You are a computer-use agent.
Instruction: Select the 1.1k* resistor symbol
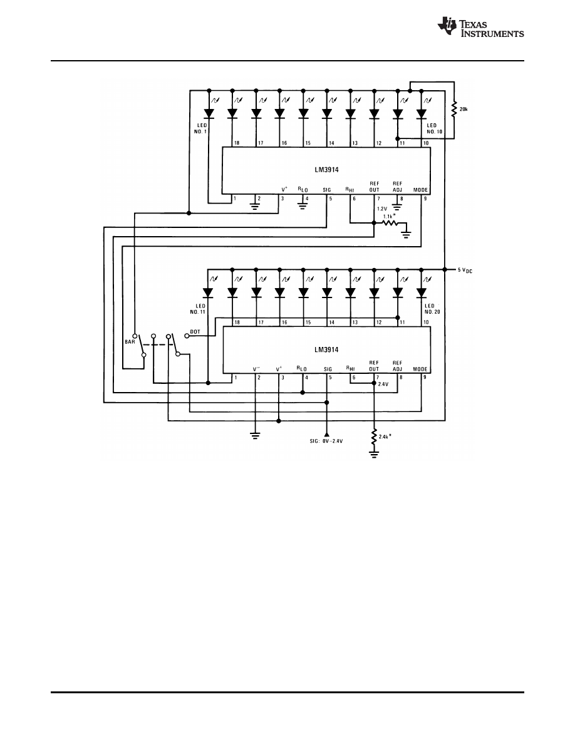point(390,222)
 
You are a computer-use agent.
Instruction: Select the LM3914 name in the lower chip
point(326,350)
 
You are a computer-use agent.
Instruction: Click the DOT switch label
point(195,332)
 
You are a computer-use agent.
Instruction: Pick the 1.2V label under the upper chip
point(382,208)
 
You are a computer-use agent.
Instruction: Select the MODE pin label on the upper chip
point(420,189)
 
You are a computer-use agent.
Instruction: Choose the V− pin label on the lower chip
point(256,369)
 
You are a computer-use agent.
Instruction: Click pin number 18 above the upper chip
point(237,143)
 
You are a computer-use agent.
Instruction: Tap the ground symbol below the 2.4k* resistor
point(374,454)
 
